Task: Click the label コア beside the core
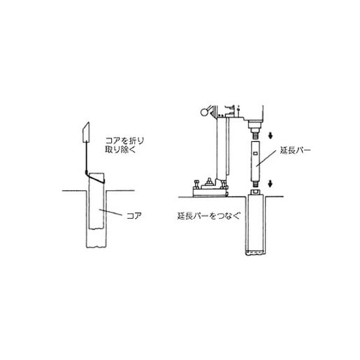pyautogui.click(x=134, y=216)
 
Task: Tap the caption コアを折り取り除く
pyautogui.click(x=124, y=145)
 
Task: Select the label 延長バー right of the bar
pyautogui.click(x=295, y=150)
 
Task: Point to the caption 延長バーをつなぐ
pyautogui.click(x=208, y=216)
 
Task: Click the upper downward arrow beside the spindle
pyautogui.click(x=271, y=136)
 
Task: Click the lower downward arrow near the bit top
pyautogui.click(x=270, y=184)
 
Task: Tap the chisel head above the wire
pyautogui.click(x=86, y=132)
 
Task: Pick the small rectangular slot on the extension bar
pyautogui.click(x=256, y=153)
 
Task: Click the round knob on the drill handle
pyautogui.click(x=204, y=113)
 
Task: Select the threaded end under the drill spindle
pyautogui.click(x=256, y=135)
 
